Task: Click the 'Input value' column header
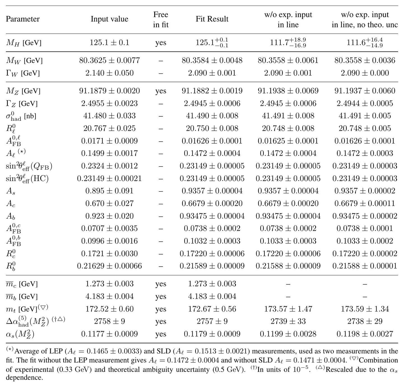click(110, 19)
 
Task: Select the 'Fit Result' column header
click(212, 19)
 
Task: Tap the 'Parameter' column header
click(23, 19)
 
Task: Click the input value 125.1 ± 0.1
click(110, 43)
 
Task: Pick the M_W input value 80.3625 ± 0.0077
click(110, 60)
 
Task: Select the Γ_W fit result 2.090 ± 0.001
click(212, 73)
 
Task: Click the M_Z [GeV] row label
click(23, 91)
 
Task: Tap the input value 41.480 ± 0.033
click(110, 116)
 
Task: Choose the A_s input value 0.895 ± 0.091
click(110, 191)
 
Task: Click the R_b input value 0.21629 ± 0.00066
click(110, 266)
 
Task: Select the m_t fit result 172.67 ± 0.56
click(212, 309)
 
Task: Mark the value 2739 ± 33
click(288, 321)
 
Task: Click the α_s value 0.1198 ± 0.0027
click(365, 334)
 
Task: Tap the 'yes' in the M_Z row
click(161, 91)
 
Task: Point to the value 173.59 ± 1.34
click(365, 309)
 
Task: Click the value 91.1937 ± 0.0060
click(365, 91)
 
